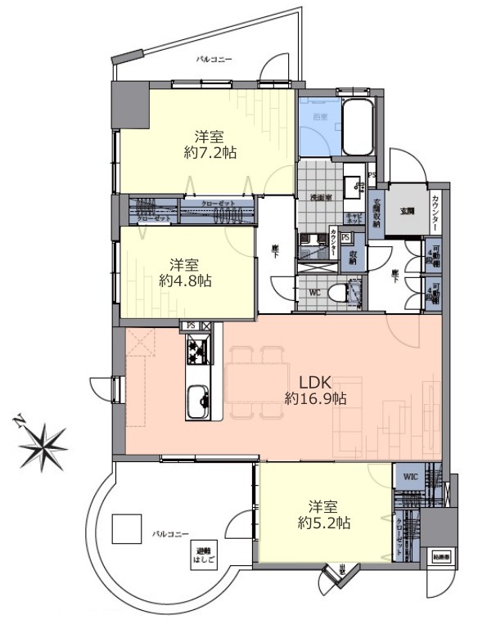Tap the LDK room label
pos(314,382)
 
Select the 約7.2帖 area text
pos(210,152)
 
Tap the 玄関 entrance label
pos(406,210)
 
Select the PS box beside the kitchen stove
pos(191,325)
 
